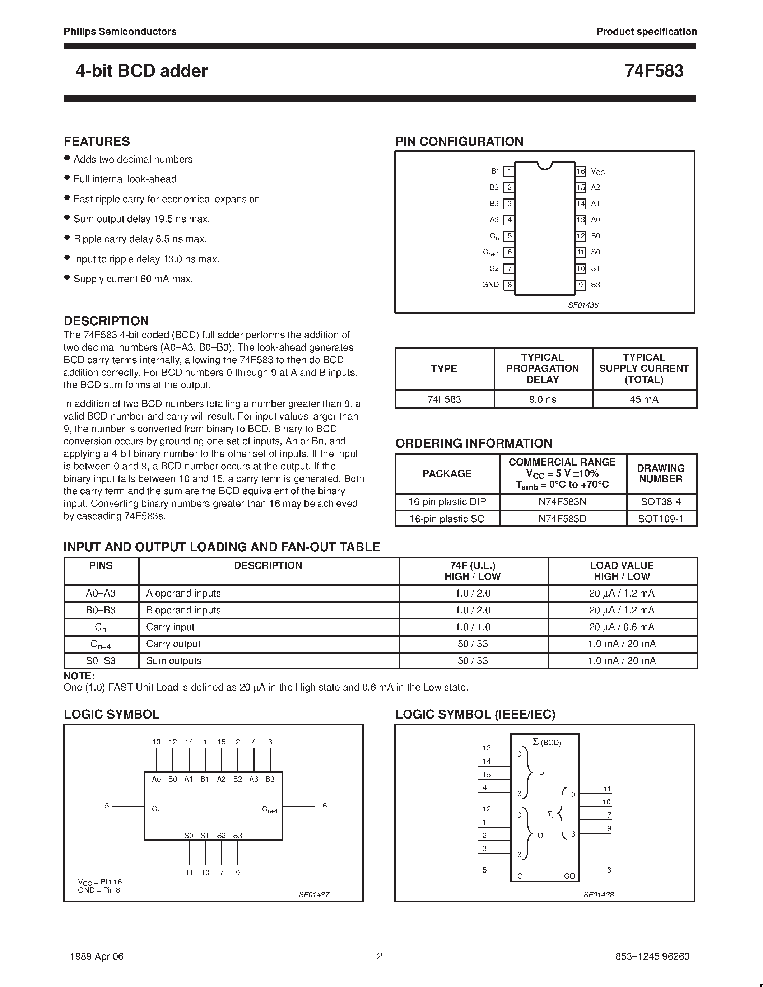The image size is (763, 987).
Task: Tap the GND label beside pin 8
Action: pos(490,285)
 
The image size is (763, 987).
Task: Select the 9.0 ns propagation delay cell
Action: pos(543,399)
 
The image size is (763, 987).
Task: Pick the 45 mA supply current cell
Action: pos(644,399)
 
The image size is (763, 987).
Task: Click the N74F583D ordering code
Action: pos(562,519)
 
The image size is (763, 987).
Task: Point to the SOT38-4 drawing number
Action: pos(661,502)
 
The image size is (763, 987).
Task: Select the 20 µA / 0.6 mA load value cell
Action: pos(622,627)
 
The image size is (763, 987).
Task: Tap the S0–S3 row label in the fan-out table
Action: pos(101,661)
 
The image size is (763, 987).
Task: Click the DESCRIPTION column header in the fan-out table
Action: pos(268,565)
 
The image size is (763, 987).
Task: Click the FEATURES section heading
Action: pos(97,141)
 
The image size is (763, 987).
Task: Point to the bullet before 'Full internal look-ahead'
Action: pos(67,178)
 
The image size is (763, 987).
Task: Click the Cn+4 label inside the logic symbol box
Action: pos(270,810)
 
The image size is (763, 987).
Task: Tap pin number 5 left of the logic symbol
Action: pos(107,806)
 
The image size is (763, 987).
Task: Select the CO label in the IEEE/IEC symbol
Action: pos(569,876)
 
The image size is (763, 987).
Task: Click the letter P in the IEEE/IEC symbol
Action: pos(541,774)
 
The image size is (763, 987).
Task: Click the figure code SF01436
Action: pos(583,305)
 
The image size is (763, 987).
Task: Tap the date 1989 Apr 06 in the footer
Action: pos(97,956)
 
